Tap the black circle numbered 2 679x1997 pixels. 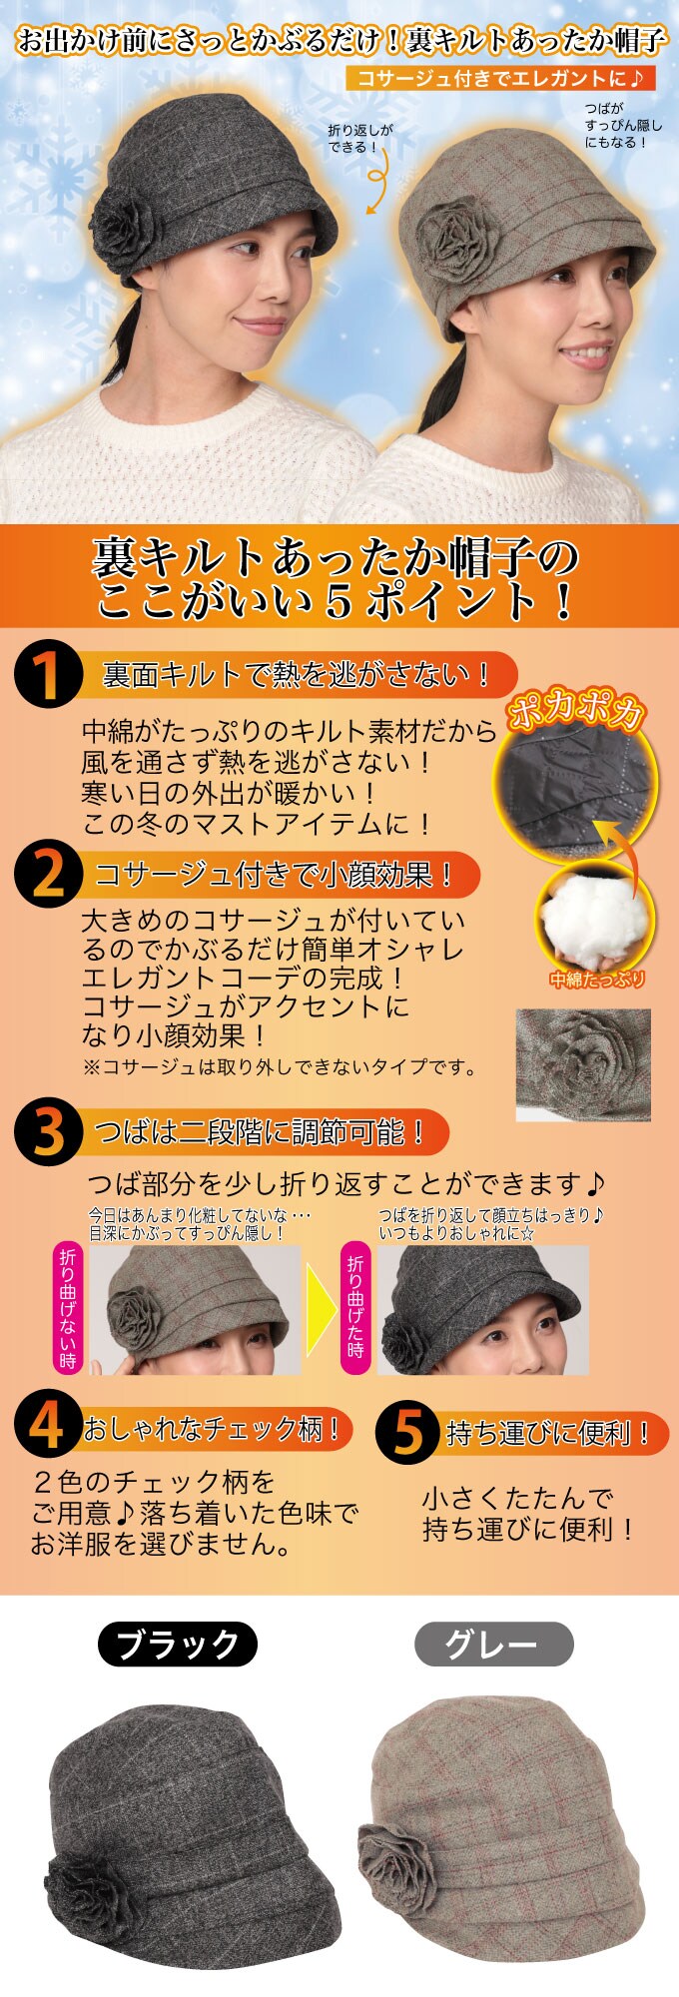tap(48, 875)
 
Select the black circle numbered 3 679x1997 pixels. tap(48, 1132)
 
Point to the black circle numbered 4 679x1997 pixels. tap(48, 1427)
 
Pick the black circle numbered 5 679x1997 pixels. tap(409, 1432)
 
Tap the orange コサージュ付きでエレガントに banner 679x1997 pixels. tap(500, 78)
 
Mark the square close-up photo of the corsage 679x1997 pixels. tap(583, 1064)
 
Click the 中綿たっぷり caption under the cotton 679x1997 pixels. tap(597, 980)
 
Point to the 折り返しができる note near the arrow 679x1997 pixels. tap(360, 138)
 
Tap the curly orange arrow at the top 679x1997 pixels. tap(375, 185)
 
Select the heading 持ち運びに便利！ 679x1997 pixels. tap(549, 1434)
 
